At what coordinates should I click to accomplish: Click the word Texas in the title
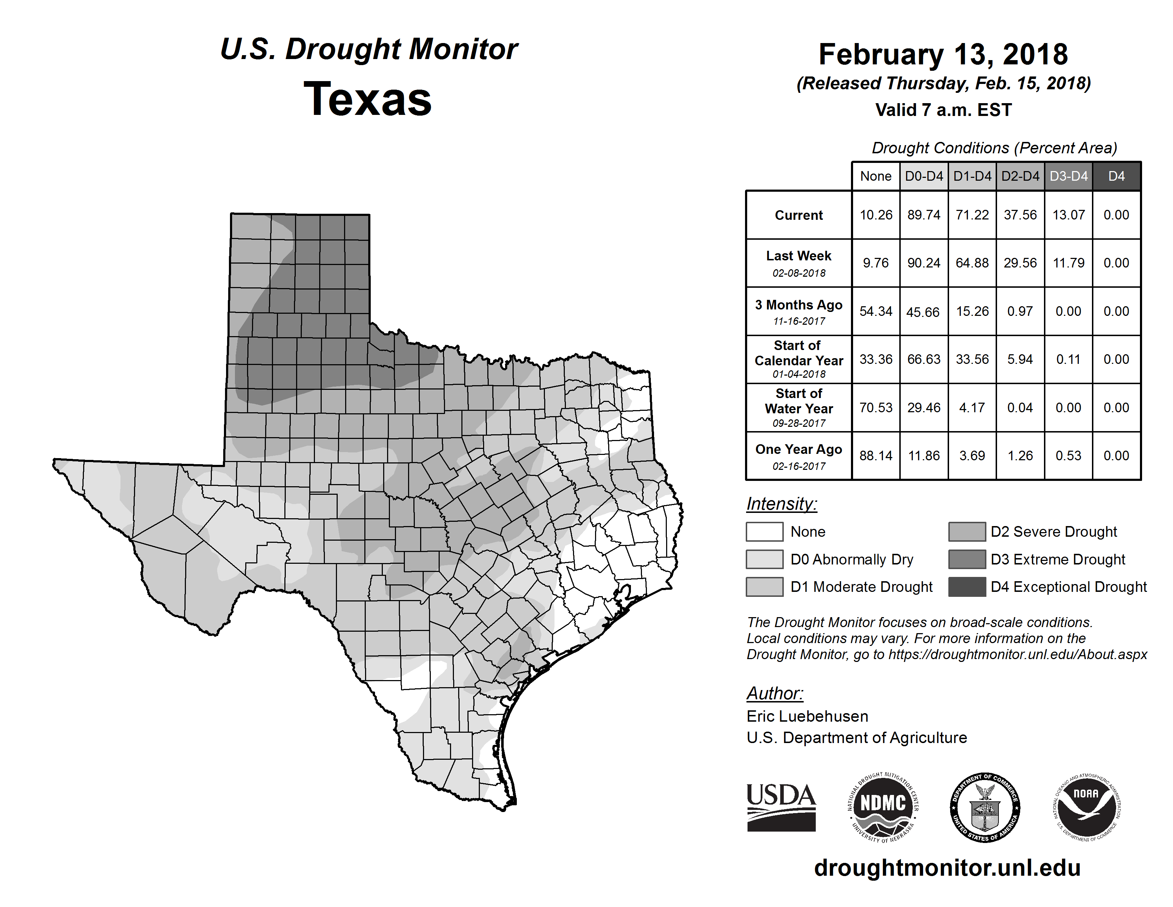(x=368, y=99)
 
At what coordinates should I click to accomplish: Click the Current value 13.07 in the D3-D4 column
(x=1068, y=215)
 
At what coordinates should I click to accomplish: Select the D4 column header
(x=1116, y=176)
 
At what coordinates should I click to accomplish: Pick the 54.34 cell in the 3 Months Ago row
(x=875, y=311)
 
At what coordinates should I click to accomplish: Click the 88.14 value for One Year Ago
(x=875, y=456)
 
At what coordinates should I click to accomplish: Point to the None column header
(x=875, y=176)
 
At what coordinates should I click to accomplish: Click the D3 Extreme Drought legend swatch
(x=967, y=559)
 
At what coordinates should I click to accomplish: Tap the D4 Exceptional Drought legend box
(x=967, y=587)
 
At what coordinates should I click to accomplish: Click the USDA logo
(x=781, y=807)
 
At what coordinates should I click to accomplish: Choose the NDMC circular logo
(x=883, y=807)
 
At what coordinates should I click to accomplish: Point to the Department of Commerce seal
(x=985, y=807)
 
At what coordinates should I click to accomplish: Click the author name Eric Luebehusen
(x=807, y=716)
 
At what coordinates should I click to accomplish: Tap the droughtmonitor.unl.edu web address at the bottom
(x=947, y=868)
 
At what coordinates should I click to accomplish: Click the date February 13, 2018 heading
(x=943, y=54)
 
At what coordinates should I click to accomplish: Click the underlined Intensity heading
(x=781, y=504)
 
